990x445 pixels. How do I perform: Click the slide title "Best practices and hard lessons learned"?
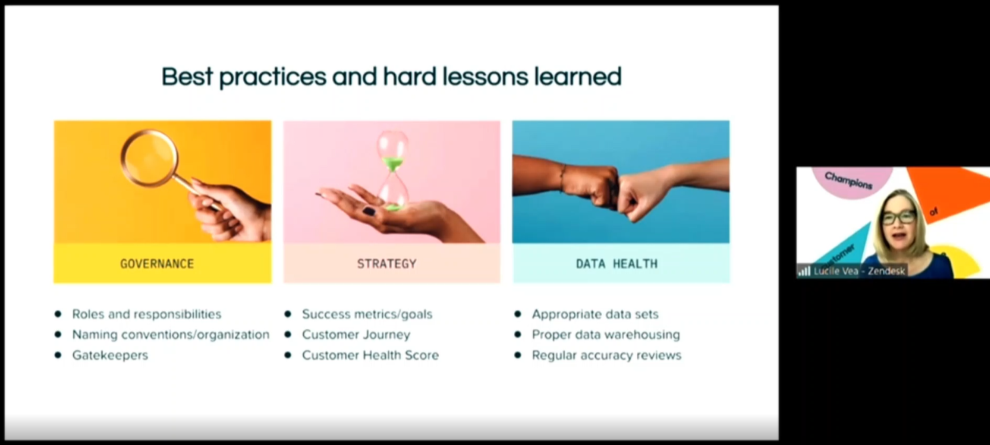point(391,77)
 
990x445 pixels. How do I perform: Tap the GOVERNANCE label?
point(157,264)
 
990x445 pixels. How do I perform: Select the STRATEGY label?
point(387,264)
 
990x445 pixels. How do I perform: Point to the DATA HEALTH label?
point(617,264)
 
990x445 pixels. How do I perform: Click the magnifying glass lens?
point(149,159)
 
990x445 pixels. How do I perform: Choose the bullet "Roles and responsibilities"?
point(147,314)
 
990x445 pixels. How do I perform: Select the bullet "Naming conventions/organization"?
point(171,334)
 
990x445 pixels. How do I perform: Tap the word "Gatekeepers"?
point(110,355)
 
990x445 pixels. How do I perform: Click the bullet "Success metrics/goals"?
point(367,314)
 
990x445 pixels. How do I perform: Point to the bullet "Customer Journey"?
point(356,334)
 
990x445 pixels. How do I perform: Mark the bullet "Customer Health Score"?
point(370,355)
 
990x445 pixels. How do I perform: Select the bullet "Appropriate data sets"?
point(595,314)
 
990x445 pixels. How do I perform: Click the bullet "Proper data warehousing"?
point(605,334)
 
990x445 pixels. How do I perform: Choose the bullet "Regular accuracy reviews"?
point(606,355)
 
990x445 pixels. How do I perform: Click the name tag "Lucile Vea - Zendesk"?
point(859,271)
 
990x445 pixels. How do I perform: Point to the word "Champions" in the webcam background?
point(848,181)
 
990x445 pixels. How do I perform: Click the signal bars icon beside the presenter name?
point(804,271)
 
